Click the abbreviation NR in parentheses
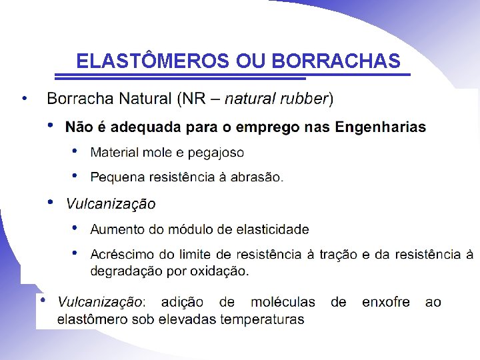coord(194,99)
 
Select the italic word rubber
coord(305,99)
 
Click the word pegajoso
coord(216,153)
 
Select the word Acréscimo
coord(121,254)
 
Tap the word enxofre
coord(386,302)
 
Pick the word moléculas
coord(283,302)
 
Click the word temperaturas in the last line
coord(262,319)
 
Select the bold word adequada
coord(147,127)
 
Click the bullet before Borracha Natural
coord(24,98)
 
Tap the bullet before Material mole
coord(75,151)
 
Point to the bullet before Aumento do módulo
coord(75,228)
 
